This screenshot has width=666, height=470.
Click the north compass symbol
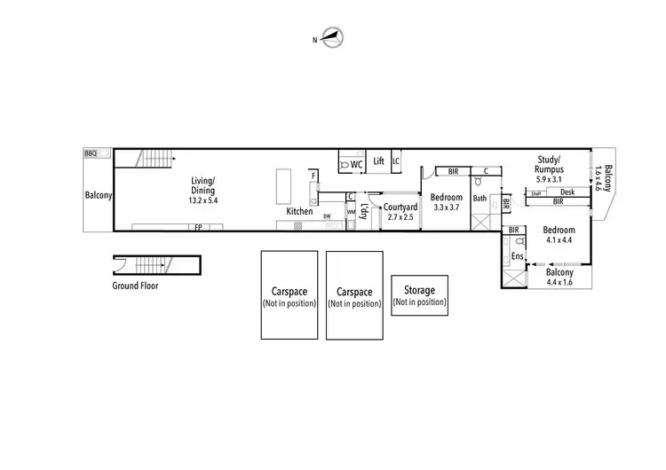(x=334, y=38)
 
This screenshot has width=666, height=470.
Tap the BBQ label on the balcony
(x=90, y=153)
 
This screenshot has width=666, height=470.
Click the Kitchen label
(x=299, y=212)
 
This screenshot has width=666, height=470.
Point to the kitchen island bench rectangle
(x=285, y=186)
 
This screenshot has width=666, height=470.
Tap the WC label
(x=356, y=165)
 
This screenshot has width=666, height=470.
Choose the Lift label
(x=378, y=161)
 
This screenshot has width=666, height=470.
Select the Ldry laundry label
(x=364, y=214)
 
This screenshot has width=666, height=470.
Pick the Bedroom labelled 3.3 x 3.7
(x=447, y=202)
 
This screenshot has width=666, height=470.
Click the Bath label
(x=480, y=199)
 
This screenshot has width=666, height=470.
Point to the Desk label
(x=567, y=192)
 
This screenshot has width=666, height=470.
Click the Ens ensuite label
(x=518, y=256)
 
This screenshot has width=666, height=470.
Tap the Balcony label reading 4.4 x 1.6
(x=559, y=278)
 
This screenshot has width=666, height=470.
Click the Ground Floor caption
(x=135, y=286)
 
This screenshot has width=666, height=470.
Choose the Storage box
(x=419, y=294)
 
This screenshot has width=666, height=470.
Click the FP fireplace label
(x=198, y=228)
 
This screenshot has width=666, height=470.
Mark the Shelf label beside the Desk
(x=536, y=192)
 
